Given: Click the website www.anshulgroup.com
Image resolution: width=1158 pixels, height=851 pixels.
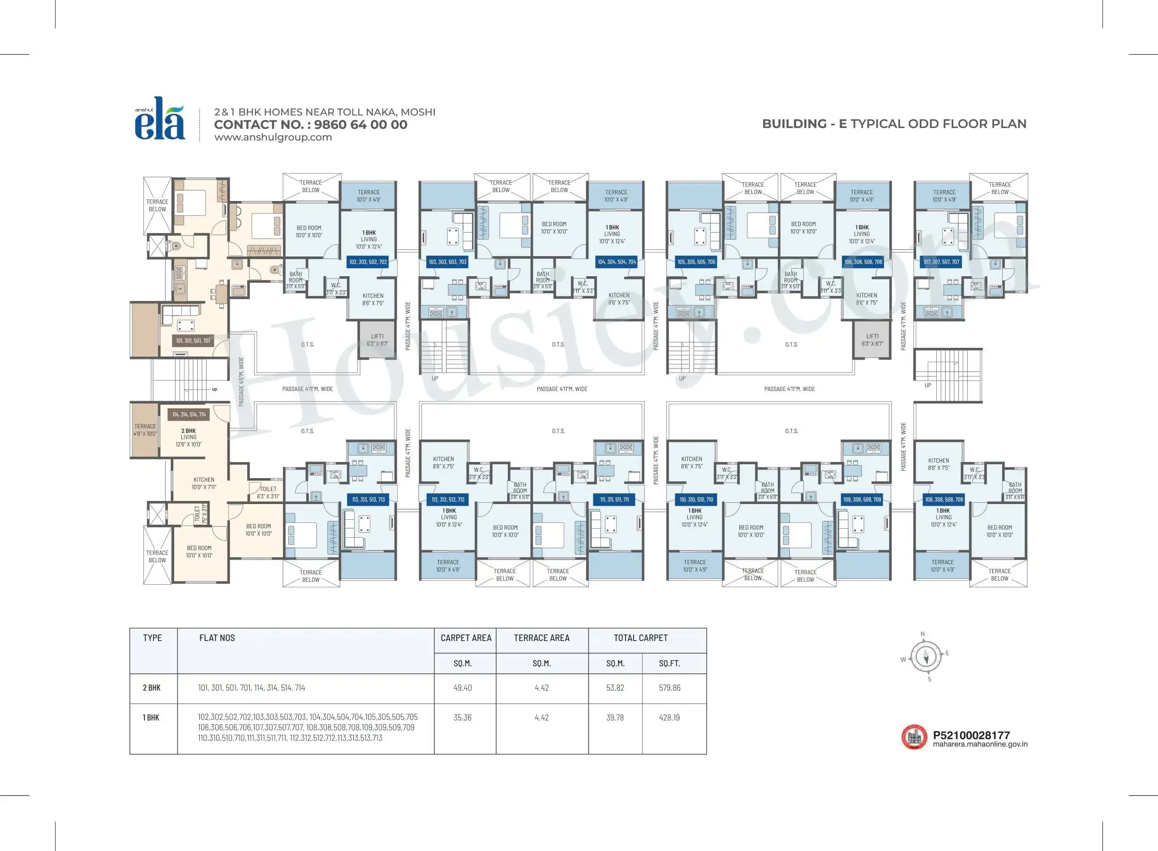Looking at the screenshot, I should click(x=273, y=137).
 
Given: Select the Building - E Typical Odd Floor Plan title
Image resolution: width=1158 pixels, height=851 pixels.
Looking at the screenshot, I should click(x=894, y=124).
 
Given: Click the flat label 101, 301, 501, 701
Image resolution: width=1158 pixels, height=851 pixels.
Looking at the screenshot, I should click(x=193, y=341).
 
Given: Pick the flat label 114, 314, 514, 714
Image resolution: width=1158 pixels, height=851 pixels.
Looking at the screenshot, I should click(x=189, y=414).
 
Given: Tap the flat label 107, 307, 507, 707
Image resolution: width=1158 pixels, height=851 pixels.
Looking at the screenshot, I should click(x=941, y=262).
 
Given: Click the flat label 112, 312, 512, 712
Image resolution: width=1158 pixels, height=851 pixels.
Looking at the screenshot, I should click(x=447, y=499).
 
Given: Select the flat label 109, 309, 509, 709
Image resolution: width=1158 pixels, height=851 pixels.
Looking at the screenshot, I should click(x=862, y=499).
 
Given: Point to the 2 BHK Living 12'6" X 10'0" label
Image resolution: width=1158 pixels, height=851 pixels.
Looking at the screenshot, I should click(x=189, y=437).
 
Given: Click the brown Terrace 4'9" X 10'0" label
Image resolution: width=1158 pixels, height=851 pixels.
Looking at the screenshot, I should click(x=145, y=430).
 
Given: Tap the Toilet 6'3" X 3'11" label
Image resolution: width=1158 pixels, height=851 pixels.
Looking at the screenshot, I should click(x=268, y=492).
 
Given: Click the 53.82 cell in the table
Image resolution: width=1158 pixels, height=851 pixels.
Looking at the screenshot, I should click(x=615, y=688).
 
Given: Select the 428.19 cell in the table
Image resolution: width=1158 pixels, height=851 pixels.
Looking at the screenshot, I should click(x=669, y=718).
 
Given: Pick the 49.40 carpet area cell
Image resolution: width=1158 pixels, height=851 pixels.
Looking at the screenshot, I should click(x=462, y=688).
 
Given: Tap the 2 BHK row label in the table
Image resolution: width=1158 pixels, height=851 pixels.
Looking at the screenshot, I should click(x=151, y=688).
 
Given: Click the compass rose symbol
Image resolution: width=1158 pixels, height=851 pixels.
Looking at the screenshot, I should click(x=926, y=656).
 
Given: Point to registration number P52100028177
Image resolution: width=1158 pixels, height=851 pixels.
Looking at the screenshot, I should click(x=971, y=735).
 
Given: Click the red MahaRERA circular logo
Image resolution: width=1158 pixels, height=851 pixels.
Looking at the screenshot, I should click(x=914, y=737).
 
